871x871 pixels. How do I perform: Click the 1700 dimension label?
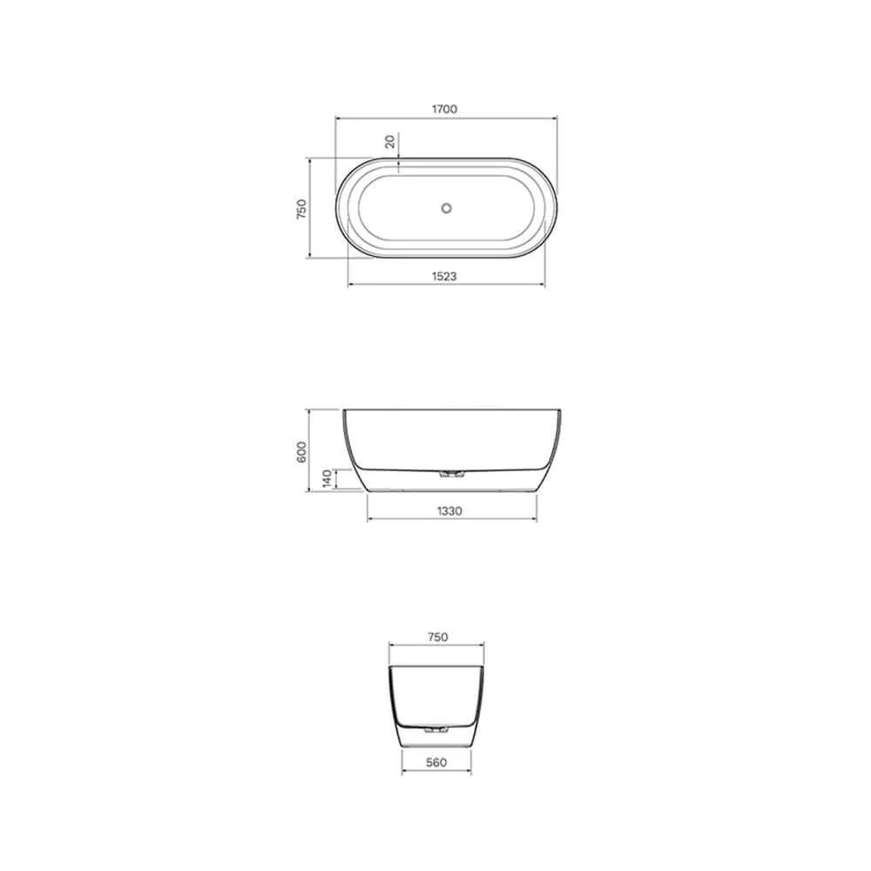tap(444, 109)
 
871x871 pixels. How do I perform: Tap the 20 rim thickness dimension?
tap(390, 142)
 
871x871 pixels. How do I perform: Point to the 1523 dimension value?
tap(444, 275)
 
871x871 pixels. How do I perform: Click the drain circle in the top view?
tap(446, 208)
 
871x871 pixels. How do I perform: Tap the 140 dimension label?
tap(327, 478)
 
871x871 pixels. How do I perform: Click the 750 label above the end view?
tap(437, 637)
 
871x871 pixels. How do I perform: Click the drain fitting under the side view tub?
tap(451, 475)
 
